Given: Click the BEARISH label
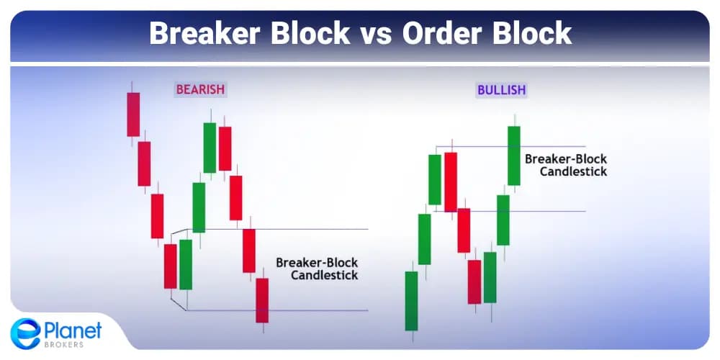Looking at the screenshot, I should pos(200,90).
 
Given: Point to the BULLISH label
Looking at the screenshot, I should pos(501,90).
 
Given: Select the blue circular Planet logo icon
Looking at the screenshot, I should pos(25,333).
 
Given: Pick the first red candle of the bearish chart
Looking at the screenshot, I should pos(133,114).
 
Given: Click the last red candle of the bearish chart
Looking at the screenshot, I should pos(262,300).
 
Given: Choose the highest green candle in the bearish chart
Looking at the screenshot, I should pos(210,148).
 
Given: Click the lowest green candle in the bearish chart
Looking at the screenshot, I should pos(186,264).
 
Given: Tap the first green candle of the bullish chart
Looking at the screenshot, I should pos(411,300).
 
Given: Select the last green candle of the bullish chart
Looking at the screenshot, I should pos(513,156).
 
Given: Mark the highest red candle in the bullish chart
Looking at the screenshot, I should pos(451,181).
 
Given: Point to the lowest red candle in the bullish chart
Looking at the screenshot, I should pos(474,282).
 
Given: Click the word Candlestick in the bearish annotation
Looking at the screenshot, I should pos(324,275).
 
